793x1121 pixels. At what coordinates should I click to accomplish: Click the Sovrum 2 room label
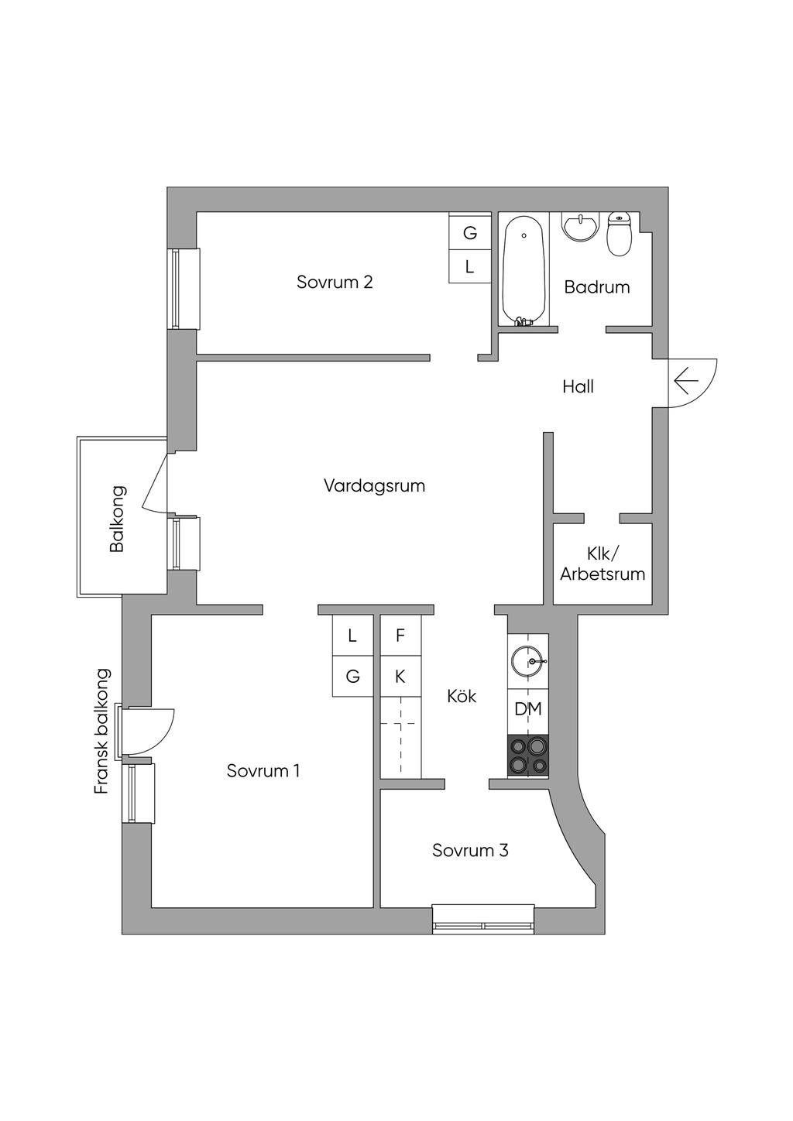pos(335,282)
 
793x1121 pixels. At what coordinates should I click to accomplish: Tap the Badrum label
pos(597,286)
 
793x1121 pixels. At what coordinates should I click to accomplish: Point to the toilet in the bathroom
pos(620,233)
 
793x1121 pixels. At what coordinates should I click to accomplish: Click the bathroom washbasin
pos(580,228)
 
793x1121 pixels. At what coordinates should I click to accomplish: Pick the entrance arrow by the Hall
pos(686,382)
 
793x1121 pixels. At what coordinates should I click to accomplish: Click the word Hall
pos(578,387)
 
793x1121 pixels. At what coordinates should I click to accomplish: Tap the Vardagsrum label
pos(375,485)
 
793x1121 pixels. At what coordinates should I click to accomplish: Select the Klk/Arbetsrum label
pos(602,564)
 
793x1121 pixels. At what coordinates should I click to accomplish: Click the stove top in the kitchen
pos(528,755)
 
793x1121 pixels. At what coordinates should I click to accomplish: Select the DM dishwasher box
pos(528,709)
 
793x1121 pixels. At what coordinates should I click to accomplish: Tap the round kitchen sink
pos(528,661)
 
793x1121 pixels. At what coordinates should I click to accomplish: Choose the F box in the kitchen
pos(400,635)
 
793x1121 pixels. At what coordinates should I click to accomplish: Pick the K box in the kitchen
pos(400,676)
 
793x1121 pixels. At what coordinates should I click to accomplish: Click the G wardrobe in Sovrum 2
pos(469,233)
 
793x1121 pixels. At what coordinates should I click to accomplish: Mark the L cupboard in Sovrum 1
pos(353,635)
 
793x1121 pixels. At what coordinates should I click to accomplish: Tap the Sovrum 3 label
pos(470,850)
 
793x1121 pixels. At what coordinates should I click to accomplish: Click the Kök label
pos(462,696)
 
